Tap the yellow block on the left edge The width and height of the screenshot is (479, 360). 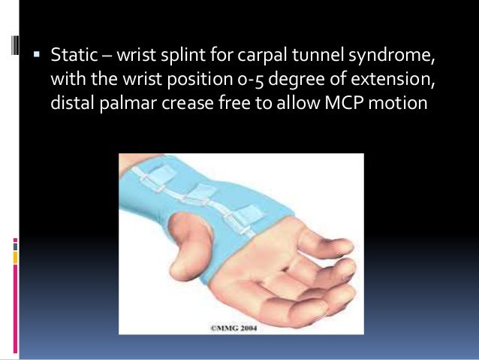pyautogui.click(x=16, y=258)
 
